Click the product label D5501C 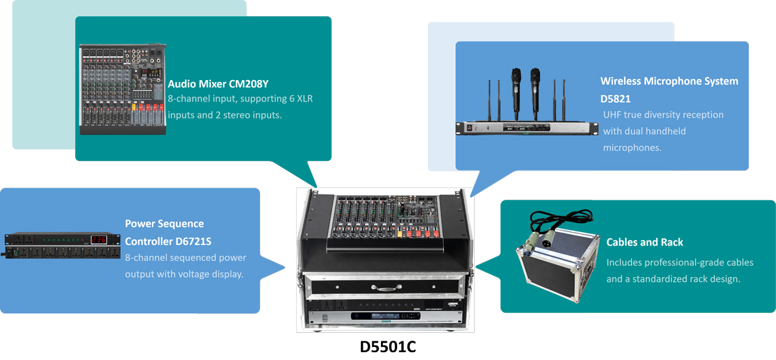(x=387, y=346)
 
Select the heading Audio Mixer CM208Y (x=218, y=84)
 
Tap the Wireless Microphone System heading (x=669, y=81)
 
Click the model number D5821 (x=615, y=99)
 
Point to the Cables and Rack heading (x=644, y=242)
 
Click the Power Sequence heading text (x=164, y=224)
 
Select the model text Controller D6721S (x=168, y=242)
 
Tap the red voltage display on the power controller (x=99, y=239)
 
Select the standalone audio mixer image (x=122, y=89)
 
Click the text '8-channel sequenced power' (x=186, y=258)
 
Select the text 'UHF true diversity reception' (x=663, y=114)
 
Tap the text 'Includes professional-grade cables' (x=680, y=262)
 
